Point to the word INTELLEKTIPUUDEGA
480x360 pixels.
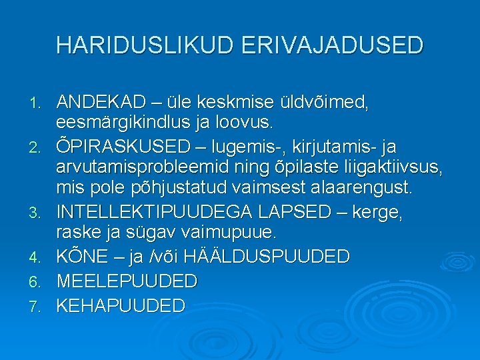point(154,212)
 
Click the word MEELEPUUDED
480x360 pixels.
point(127,281)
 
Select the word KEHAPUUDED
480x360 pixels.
point(121,305)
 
